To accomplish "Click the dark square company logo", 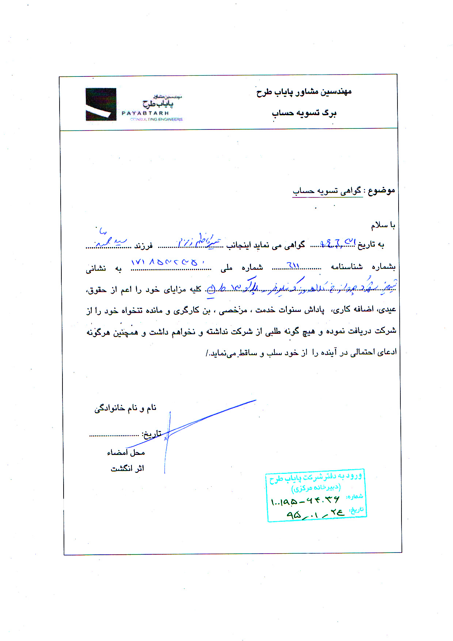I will (101, 104).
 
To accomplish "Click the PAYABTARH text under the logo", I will (145, 113).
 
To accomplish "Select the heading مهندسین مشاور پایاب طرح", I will (304, 92).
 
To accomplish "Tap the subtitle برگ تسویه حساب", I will (304, 113).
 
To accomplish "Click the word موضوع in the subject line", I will (381, 191).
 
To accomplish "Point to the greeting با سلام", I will (383, 225).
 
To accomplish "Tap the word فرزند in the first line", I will (143, 246).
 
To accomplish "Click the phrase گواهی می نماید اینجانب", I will (266, 245).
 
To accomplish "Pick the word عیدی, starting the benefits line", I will (388, 310).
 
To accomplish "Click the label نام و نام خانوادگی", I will (125, 408).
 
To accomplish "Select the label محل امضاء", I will (126, 453).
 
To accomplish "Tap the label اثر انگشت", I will (127, 468).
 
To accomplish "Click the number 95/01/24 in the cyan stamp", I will (315, 514).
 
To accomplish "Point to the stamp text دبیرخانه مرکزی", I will (316, 488).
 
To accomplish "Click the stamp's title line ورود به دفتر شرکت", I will (316, 477).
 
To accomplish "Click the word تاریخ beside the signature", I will (152, 434).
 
